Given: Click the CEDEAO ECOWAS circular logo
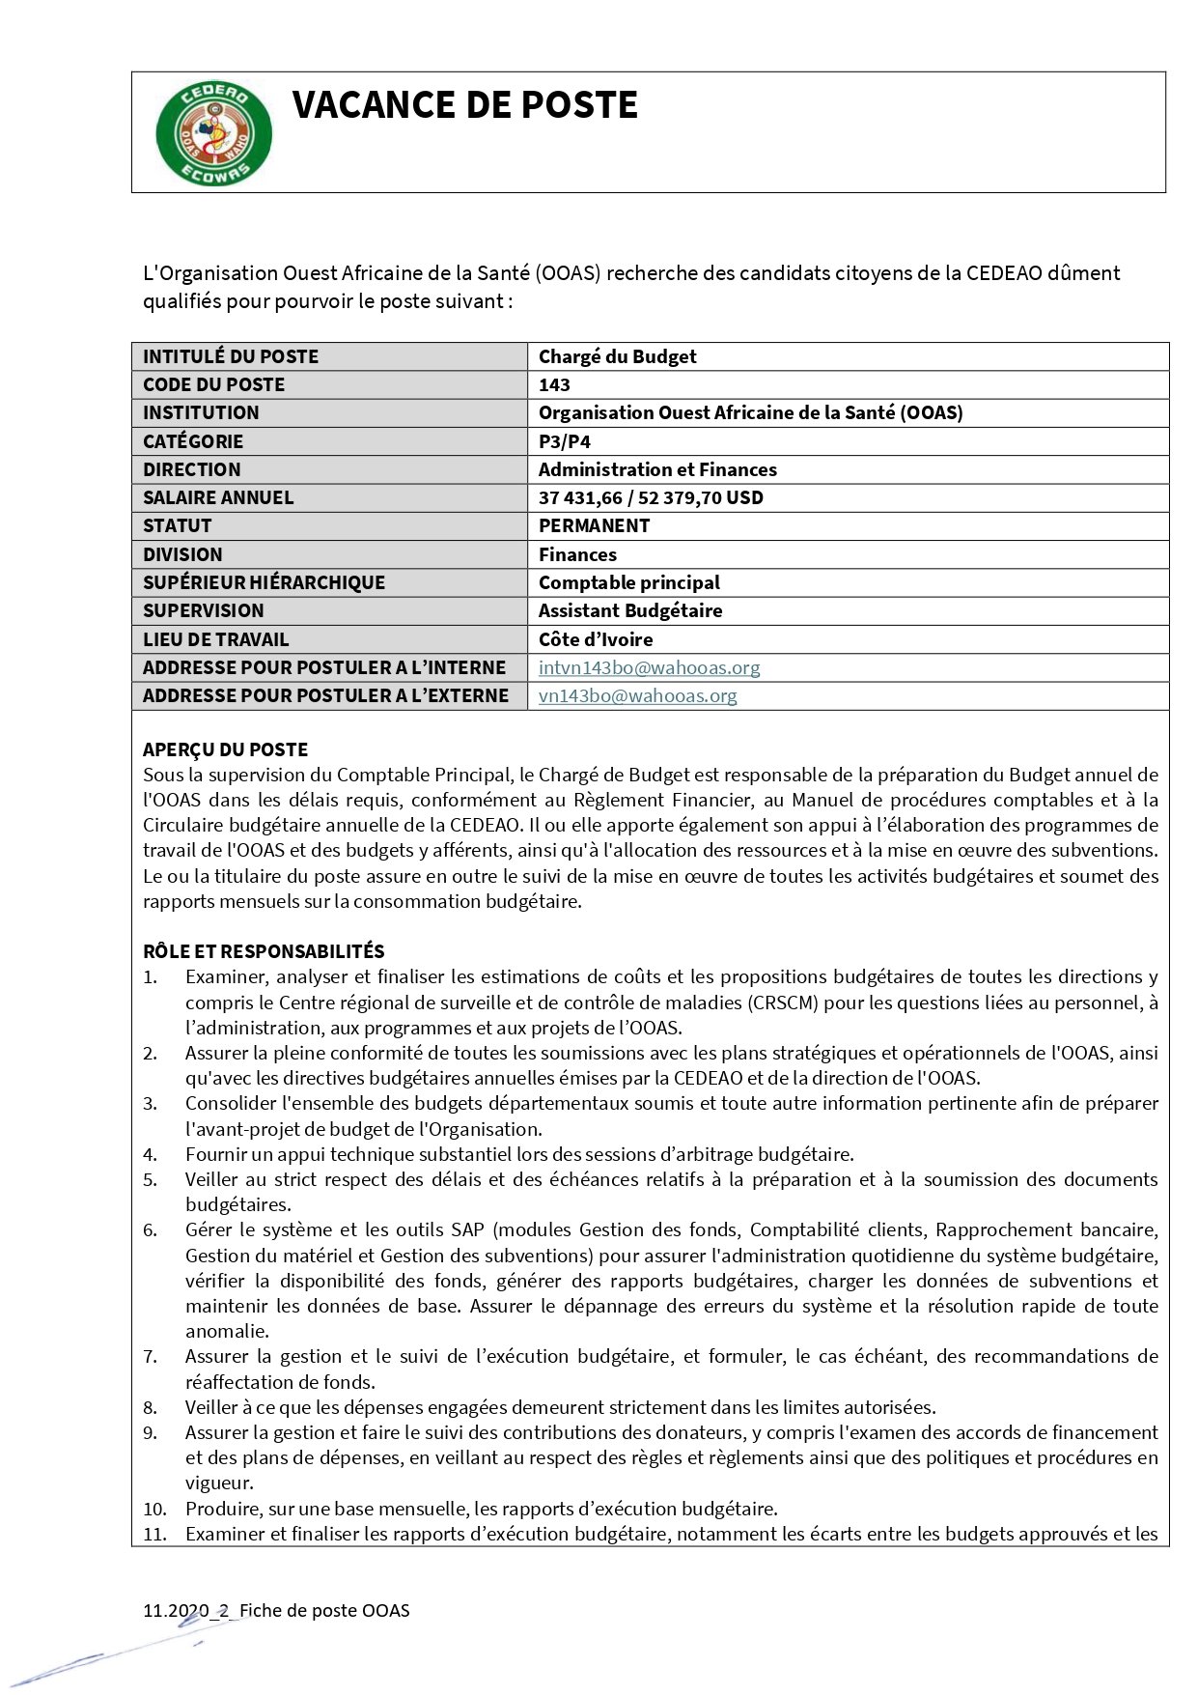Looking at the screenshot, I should (x=213, y=133).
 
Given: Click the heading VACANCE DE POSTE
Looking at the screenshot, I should (x=464, y=105).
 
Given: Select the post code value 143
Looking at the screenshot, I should (x=554, y=384).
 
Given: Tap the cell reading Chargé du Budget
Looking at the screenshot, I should (x=617, y=356).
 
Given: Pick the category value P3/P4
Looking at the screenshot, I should (x=565, y=441).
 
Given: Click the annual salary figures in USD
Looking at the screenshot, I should (x=651, y=497).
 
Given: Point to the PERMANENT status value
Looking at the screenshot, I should (x=594, y=525).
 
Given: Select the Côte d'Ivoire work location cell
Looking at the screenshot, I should (x=596, y=639).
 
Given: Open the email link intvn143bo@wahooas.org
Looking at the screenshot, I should (x=649, y=667).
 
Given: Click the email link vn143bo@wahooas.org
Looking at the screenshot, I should (x=637, y=695).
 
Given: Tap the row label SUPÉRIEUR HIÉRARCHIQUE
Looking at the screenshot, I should (x=264, y=582).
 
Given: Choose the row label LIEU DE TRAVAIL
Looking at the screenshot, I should (x=215, y=639).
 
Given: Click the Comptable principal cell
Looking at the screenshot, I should (x=628, y=582).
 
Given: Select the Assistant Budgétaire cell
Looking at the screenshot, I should (x=629, y=610).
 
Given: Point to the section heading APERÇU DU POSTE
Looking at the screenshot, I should (x=225, y=749).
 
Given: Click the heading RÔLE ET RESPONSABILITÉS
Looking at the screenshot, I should (x=264, y=951).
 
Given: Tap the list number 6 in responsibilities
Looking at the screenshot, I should (x=150, y=1230).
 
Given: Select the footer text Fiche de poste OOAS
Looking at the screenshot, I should (x=324, y=1610).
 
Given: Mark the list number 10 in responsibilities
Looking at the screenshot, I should (x=154, y=1509).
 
